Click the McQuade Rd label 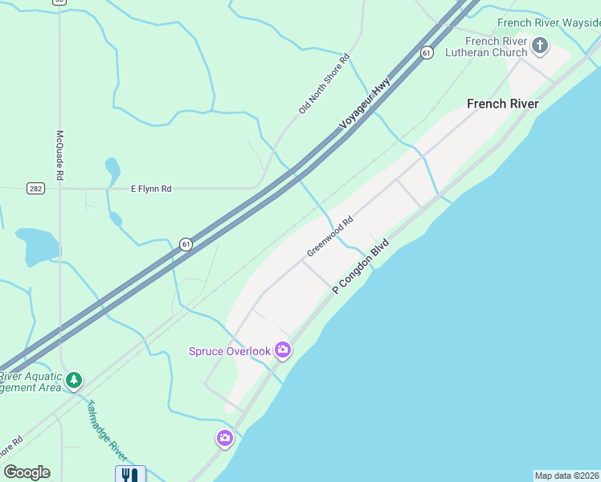[59, 155]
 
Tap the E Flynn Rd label [151, 189]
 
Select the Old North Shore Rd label [325, 84]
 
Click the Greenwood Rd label [329, 237]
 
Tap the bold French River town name [503, 104]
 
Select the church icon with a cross [540, 45]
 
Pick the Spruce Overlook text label [229, 351]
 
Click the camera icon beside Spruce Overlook [282, 349]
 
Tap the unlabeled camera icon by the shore [224, 438]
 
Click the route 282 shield [35, 189]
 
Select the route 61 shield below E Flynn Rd [186, 244]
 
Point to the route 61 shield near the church [427, 52]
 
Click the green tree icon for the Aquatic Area [74, 379]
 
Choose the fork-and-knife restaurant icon [130, 474]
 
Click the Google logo [27, 472]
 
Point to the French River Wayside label [549, 22]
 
